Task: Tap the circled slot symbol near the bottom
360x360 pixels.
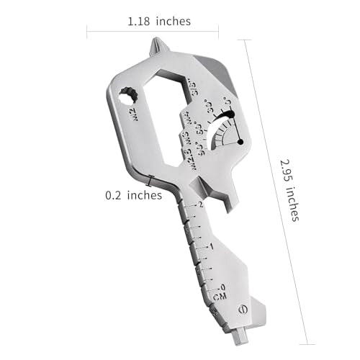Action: (x=243, y=310)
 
